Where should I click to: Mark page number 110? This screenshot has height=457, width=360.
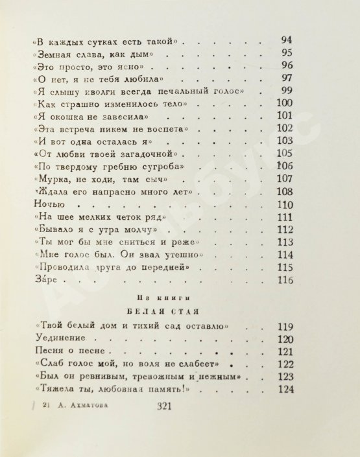click(x=285, y=205)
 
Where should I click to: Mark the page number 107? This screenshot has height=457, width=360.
click(x=285, y=179)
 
